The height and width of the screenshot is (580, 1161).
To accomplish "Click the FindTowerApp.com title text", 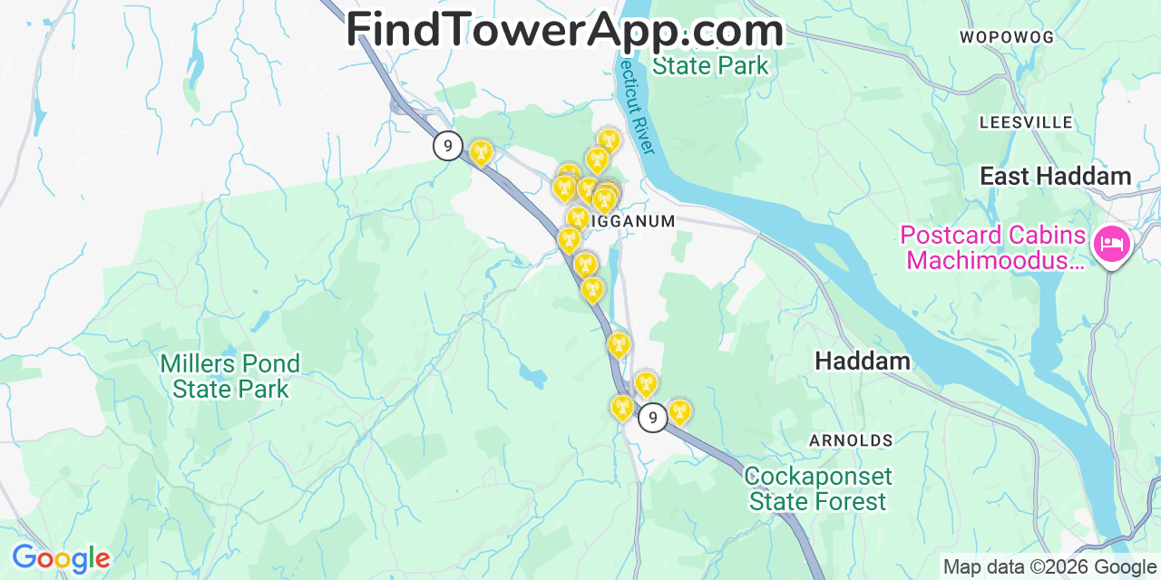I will pyautogui.click(x=564, y=30).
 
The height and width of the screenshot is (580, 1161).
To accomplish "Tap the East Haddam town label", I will pyautogui.click(x=1055, y=176).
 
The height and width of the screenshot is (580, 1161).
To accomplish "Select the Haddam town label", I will pyautogui.click(x=862, y=361).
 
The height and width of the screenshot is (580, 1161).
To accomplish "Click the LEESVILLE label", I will pyautogui.click(x=1026, y=122).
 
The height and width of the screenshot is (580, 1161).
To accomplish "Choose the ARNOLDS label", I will pyautogui.click(x=851, y=440).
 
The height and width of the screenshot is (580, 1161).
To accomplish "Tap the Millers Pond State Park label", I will pyautogui.click(x=229, y=377).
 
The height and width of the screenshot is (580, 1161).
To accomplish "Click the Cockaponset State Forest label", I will pyautogui.click(x=818, y=488).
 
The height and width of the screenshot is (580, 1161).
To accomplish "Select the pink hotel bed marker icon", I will pyautogui.click(x=1111, y=244).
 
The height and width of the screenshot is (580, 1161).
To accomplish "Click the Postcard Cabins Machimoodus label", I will pyautogui.click(x=992, y=248).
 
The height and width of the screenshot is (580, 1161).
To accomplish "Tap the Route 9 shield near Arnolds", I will pyautogui.click(x=652, y=417).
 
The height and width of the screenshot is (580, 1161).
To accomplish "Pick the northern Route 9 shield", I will pyautogui.click(x=447, y=145).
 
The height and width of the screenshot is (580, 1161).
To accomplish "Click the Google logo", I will pyautogui.click(x=60, y=558).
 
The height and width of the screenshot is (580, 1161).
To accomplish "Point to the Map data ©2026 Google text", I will pyautogui.click(x=1049, y=567).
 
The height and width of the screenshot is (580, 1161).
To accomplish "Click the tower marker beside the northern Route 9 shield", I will pyautogui.click(x=481, y=152).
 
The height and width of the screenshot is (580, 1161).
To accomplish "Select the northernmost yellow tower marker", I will pyautogui.click(x=609, y=140).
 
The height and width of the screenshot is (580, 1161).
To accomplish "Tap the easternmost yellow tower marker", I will pyautogui.click(x=678, y=411).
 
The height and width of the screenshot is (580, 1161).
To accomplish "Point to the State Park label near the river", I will pyautogui.click(x=710, y=65).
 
